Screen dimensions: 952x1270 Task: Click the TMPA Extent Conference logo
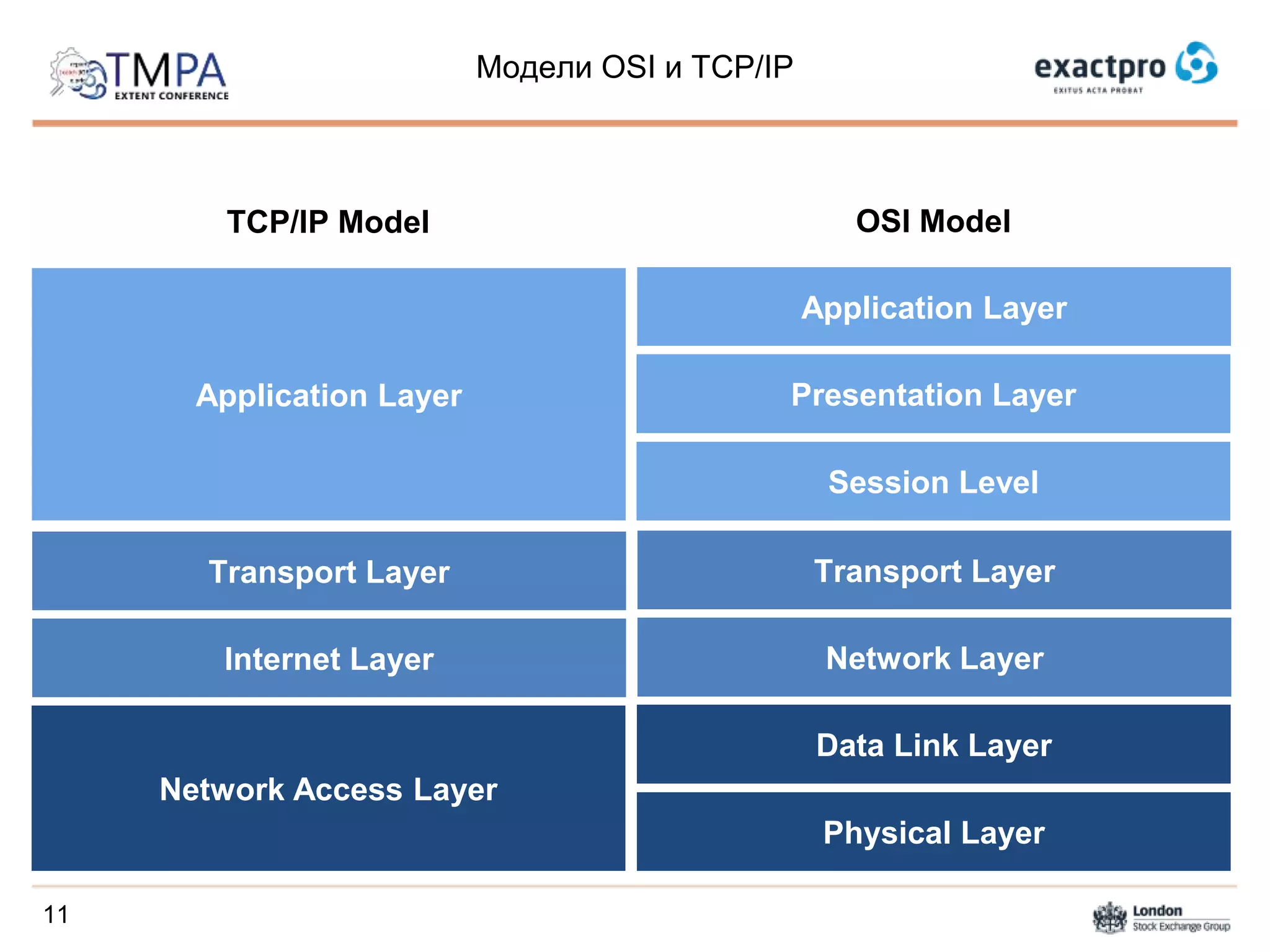coord(140,74)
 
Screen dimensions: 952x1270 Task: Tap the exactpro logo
coord(1125,67)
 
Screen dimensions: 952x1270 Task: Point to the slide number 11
coord(56,915)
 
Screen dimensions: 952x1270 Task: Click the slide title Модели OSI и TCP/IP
coord(634,67)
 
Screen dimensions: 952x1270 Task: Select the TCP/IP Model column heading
coord(327,222)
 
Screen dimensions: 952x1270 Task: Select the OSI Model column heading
coord(933,221)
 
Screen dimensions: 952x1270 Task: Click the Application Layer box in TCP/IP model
coord(329,395)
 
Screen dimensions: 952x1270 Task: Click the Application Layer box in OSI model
coord(933,307)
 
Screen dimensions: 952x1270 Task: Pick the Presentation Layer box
coord(933,395)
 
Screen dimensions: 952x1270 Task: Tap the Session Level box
coord(933,482)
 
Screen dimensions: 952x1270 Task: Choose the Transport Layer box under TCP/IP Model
coord(329,571)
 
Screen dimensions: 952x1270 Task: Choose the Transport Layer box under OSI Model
coord(934,571)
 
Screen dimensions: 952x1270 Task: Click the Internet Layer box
coord(329,658)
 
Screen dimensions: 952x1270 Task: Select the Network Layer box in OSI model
coord(934,658)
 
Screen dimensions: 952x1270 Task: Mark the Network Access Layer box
coord(329,789)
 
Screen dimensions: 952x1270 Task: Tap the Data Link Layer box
coord(933,745)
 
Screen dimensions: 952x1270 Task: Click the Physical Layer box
coord(933,832)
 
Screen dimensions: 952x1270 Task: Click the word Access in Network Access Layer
coord(348,790)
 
